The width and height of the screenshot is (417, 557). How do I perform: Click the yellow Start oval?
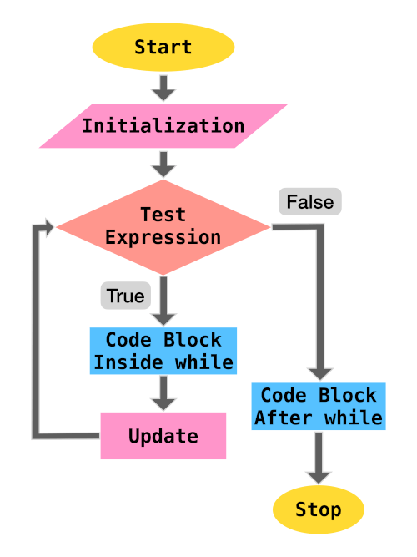click(x=163, y=47)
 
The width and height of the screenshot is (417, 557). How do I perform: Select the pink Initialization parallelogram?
click(x=163, y=126)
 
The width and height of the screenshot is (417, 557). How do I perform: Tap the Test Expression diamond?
click(x=163, y=226)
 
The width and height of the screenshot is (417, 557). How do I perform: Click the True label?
click(x=125, y=296)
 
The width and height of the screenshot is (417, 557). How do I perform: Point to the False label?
click(x=310, y=201)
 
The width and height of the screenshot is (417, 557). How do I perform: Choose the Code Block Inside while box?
click(x=163, y=351)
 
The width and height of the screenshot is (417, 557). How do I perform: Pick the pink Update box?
click(x=163, y=436)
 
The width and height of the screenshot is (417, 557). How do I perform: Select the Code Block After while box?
click(x=319, y=406)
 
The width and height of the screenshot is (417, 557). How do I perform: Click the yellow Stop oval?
click(x=319, y=509)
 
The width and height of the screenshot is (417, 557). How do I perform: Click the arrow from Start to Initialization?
click(x=163, y=87)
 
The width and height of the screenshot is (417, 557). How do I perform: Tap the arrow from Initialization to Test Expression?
click(x=163, y=164)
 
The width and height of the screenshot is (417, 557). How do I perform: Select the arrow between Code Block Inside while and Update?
click(x=163, y=392)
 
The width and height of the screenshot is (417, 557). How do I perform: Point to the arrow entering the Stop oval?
click(x=319, y=458)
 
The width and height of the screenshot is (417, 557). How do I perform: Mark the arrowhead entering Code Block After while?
click(x=319, y=373)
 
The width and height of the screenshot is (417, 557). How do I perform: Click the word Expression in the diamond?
click(x=163, y=237)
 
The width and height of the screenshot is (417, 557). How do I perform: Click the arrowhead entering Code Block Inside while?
click(x=163, y=318)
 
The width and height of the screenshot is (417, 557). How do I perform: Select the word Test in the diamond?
click(x=163, y=215)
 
